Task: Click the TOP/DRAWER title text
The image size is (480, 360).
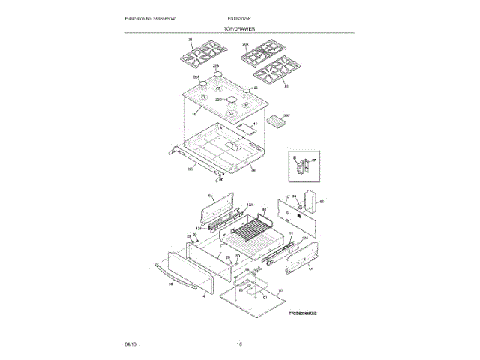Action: tap(239, 28)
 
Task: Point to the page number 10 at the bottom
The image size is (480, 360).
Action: tap(239, 343)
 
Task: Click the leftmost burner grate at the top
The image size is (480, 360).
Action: tap(201, 55)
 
